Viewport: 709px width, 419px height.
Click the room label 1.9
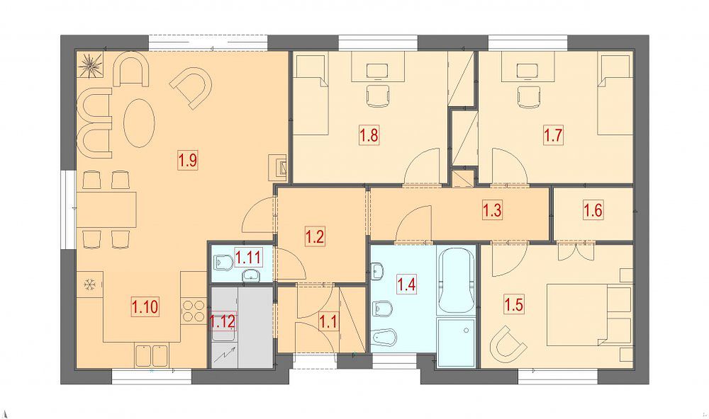(188, 161)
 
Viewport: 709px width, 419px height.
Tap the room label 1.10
(145, 307)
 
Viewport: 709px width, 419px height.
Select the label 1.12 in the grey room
(222, 322)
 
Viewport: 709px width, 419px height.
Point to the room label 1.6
(593, 211)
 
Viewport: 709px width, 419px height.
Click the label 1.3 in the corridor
(493, 211)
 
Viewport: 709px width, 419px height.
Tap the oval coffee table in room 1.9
(139, 122)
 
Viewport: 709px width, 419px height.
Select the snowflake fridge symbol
(89, 285)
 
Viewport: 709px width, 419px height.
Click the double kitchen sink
(152, 355)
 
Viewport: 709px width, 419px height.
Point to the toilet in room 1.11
(223, 262)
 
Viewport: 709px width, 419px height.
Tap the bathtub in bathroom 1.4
(456, 280)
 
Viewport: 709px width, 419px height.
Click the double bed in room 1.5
(590, 315)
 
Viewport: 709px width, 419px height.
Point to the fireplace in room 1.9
(279, 166)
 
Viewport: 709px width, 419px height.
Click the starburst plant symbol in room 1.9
(90, 65)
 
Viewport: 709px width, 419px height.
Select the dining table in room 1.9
(107, 210)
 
